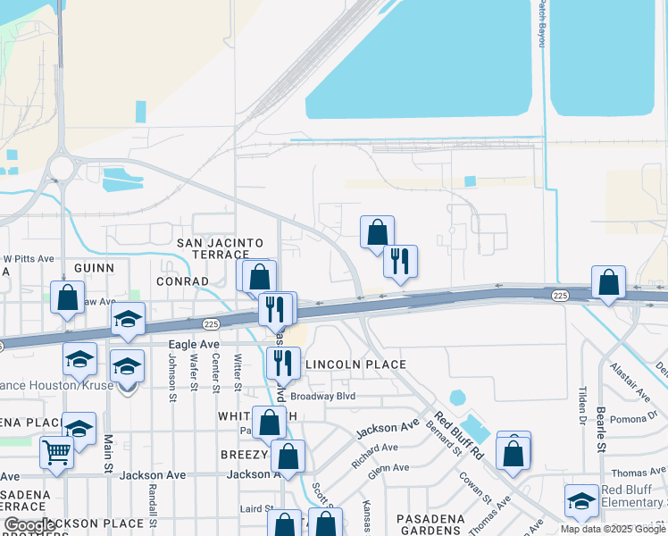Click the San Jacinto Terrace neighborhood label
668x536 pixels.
(x=220, y=248)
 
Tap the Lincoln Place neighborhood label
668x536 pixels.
(x=356, y=364)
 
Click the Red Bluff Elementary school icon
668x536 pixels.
(x=581, y=501)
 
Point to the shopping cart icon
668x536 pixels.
(x=56, y=453)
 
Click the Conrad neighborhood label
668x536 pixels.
(x=182, y=281)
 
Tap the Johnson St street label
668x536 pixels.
(x=172, y=373)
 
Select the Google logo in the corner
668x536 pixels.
(x=29, y=526)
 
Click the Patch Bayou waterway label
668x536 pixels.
(x=541, y=23)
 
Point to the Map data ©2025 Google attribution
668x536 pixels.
(x=613, y=529)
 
